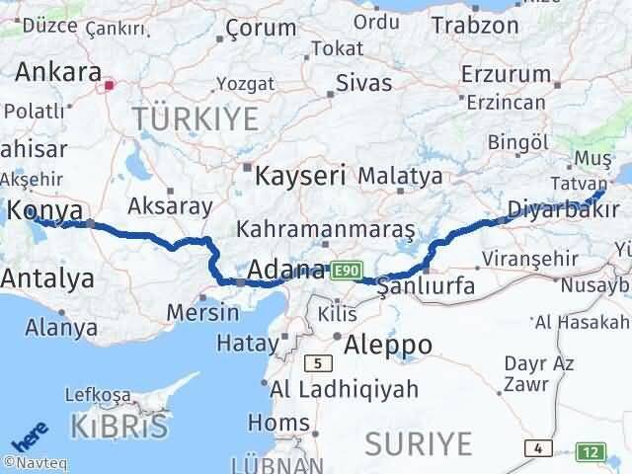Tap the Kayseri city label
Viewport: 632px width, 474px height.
pyautogui.click(x=300, y=177)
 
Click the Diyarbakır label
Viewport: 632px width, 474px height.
pyautogui.click(x=564, y=207)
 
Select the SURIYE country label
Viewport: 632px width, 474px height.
pyautogui.click(x=418, y=444)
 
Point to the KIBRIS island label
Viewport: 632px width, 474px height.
pyautogui.click(x=119, y=427)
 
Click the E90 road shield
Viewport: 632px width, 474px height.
pyautogui.click(x=344, y=269)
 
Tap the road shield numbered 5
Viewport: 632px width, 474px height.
pyautogui.click(x=317, y=363)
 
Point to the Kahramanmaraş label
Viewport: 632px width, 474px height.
pyautogui.click(x=325, y=229)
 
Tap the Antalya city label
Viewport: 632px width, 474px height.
pyautogui.click(x=47, y=278)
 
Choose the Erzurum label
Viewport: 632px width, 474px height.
pyautogui.click(x=505, y=73)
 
